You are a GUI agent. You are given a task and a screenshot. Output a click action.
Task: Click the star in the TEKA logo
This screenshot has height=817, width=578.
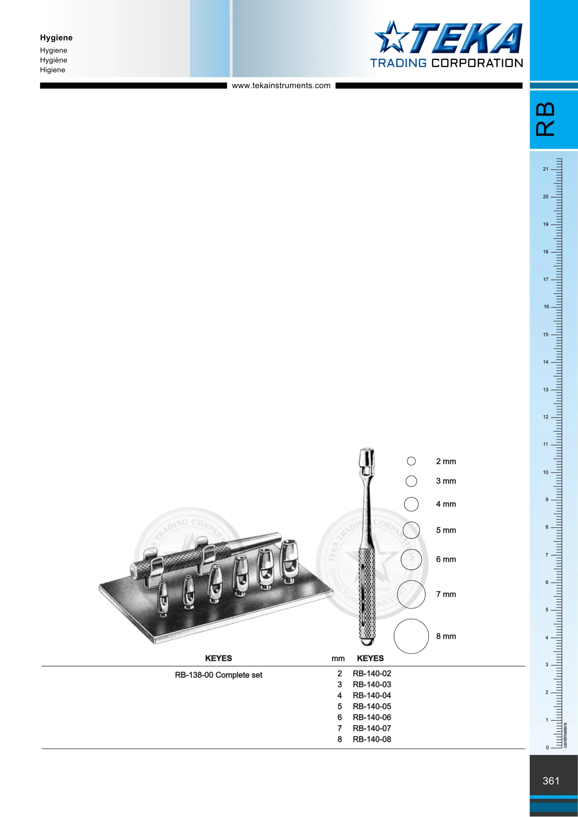pyautogui.click(x=391, y=37)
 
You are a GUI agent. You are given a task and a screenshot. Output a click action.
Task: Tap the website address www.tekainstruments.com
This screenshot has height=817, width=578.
pyautogui.click(x=281, y=86)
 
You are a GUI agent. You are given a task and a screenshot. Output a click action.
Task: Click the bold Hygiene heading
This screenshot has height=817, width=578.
pyautogui.click(x=56, y=38)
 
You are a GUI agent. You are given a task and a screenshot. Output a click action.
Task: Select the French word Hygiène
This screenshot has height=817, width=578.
pyautogui.click(x=53, y=60)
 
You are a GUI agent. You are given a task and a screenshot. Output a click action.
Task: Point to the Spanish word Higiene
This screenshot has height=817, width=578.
pyautogui.click(x=53, y=70)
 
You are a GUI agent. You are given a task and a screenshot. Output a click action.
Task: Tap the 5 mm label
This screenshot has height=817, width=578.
pyautogui.click(x=446, y=530)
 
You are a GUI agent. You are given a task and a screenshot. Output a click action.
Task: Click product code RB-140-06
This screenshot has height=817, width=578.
pyautogui.click(x=372, y=717)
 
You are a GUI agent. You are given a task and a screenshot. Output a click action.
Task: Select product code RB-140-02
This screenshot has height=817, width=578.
pyautogui.click(x=372, y=674)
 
